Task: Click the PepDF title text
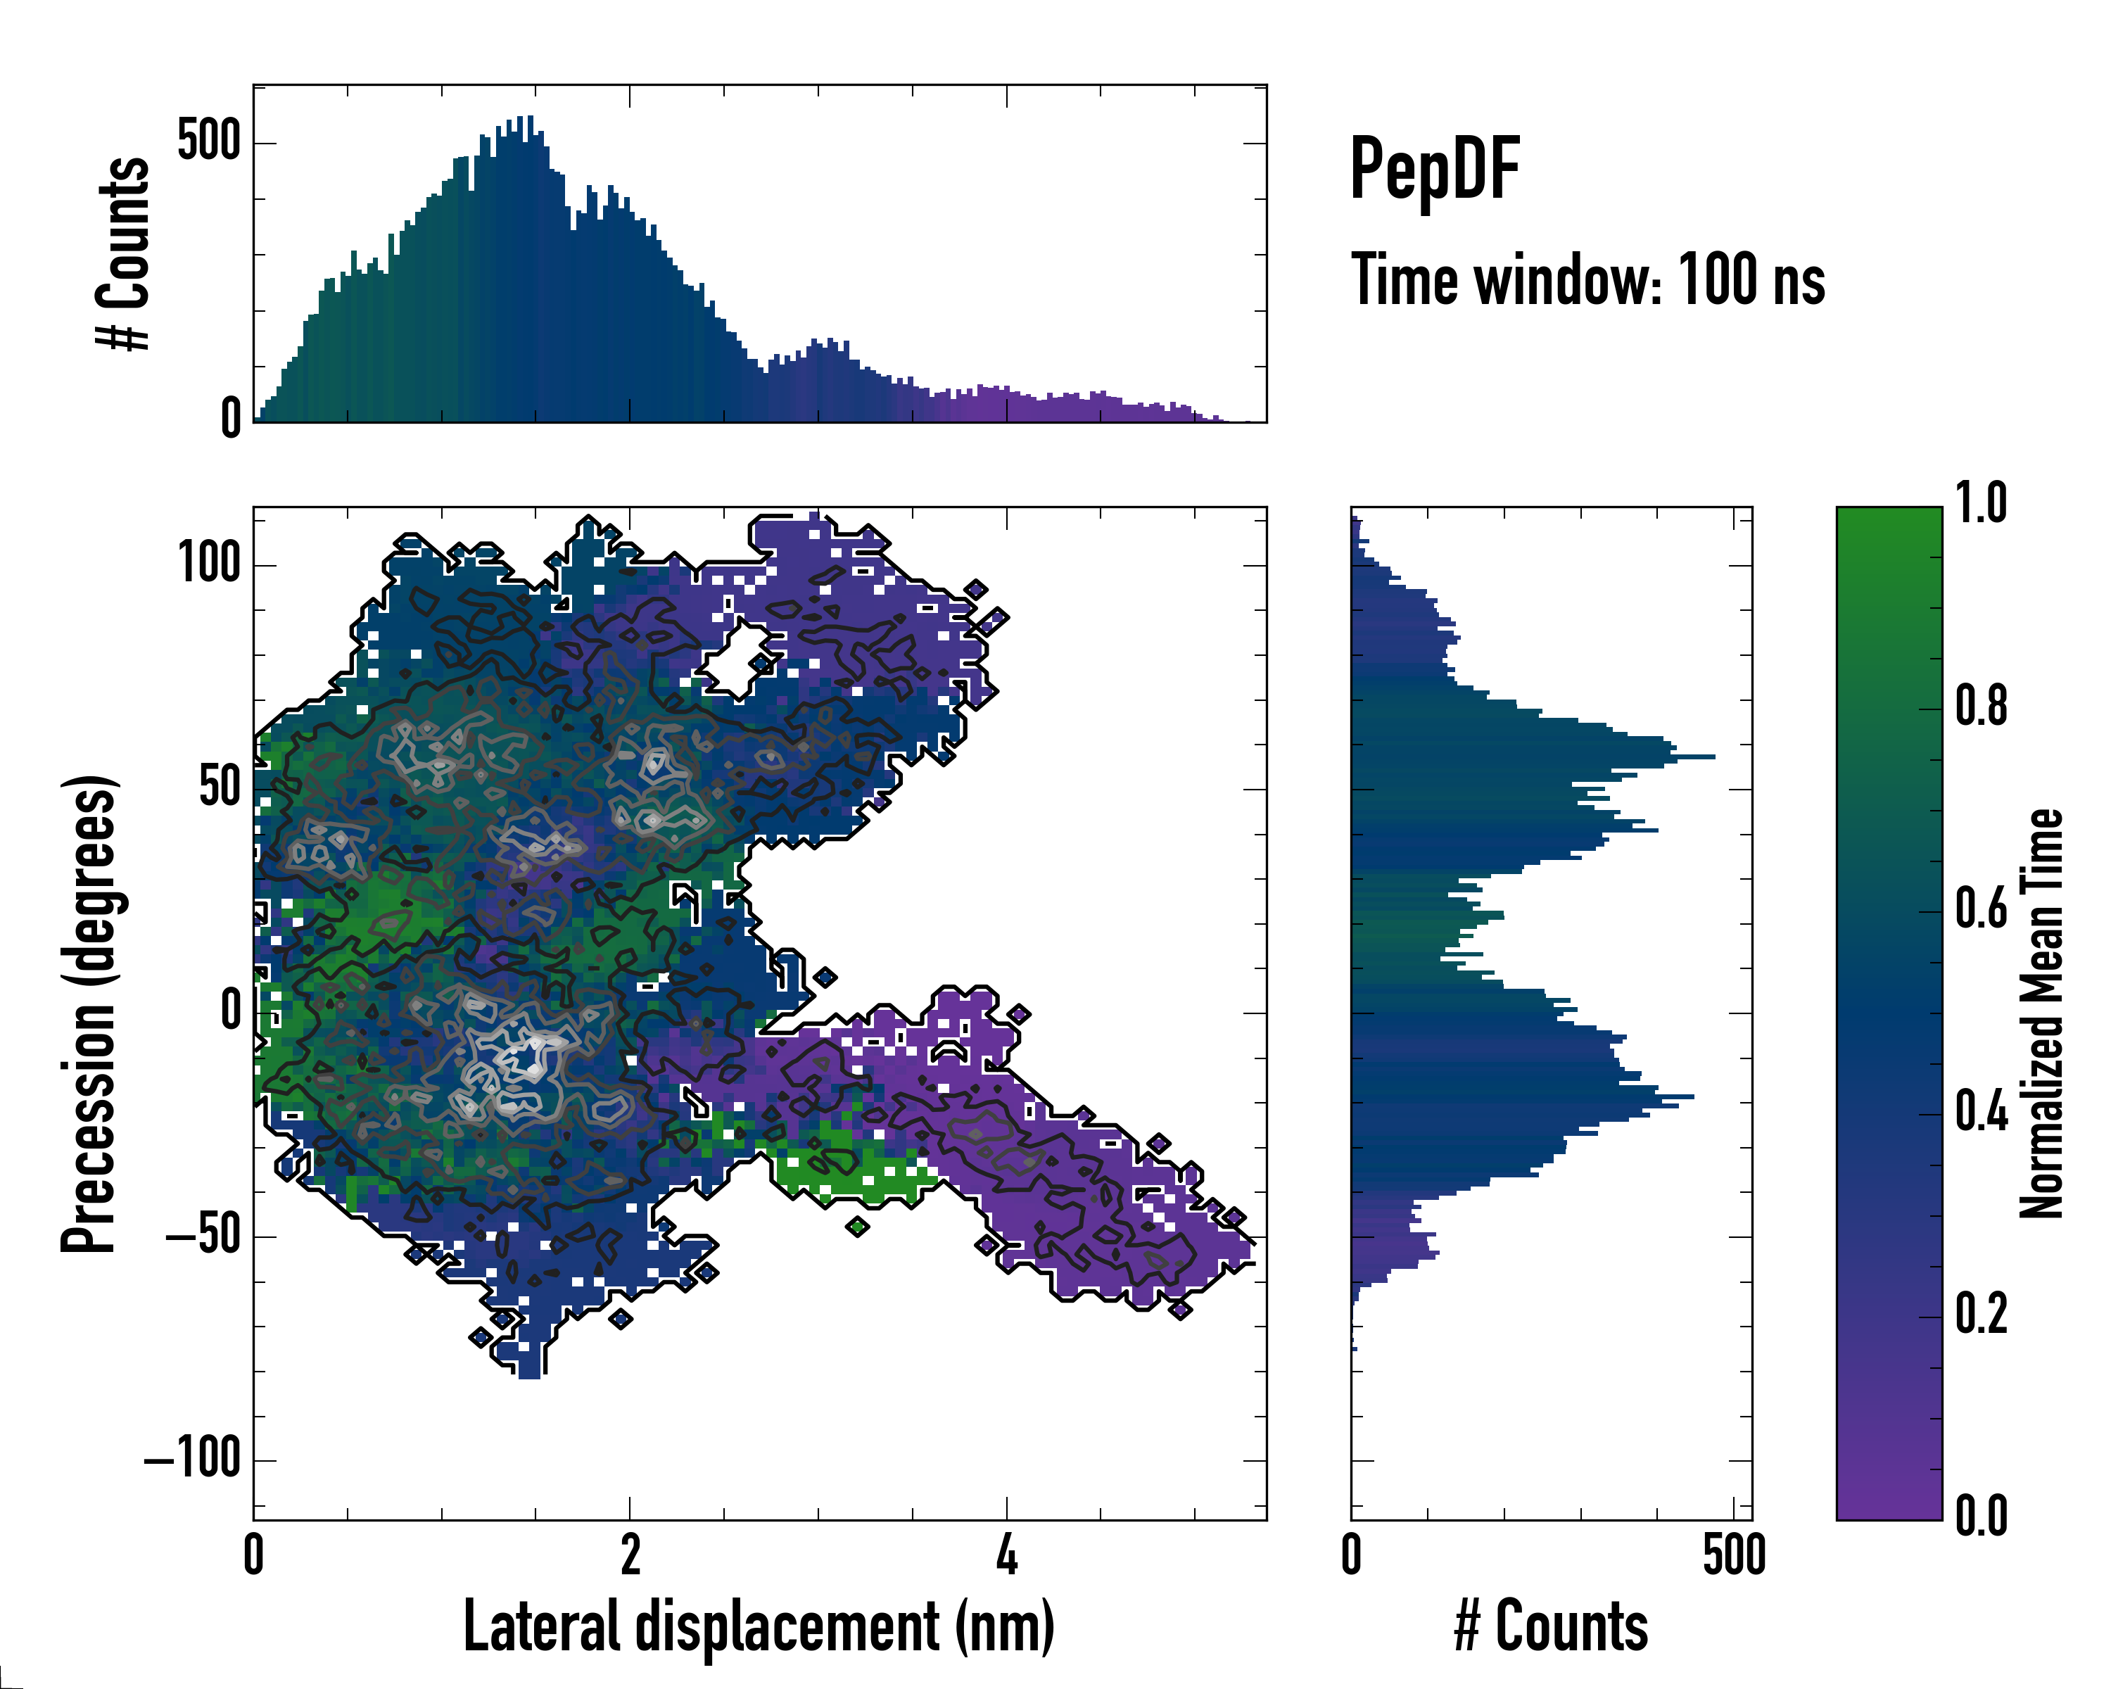pyautogui.click(x=1434, y=168)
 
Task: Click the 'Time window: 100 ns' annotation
pyautogui.click(x=1587, y=280)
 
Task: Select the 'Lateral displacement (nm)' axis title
pyautogui.click(x=759, y=1626)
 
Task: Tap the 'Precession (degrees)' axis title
pyautogui.click(x=90, y=1013)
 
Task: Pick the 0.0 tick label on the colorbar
pyautogui.click(x=1981, y=1514)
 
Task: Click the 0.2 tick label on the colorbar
pyautogui.click(x=1981, y=1313)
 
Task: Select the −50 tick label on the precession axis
pyautogui.click(x=203, y=1236)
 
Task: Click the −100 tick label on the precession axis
pyautogui.click(x=192, y=1460)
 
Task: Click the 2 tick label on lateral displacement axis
pyautogui.click(x=630, y=1555)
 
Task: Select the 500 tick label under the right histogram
pyautogui.click(x=1733, y=1555)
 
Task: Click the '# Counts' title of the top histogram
pyautogui.click(x=123, y=253)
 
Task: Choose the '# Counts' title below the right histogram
pyautogui.click(x=1551, y=1626)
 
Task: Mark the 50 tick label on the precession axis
pyautogui.click(x=220, y=788)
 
